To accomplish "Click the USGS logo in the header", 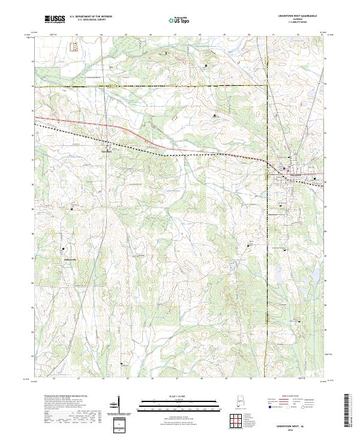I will pos(55,19).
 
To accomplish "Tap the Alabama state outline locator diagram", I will pos(242,403).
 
